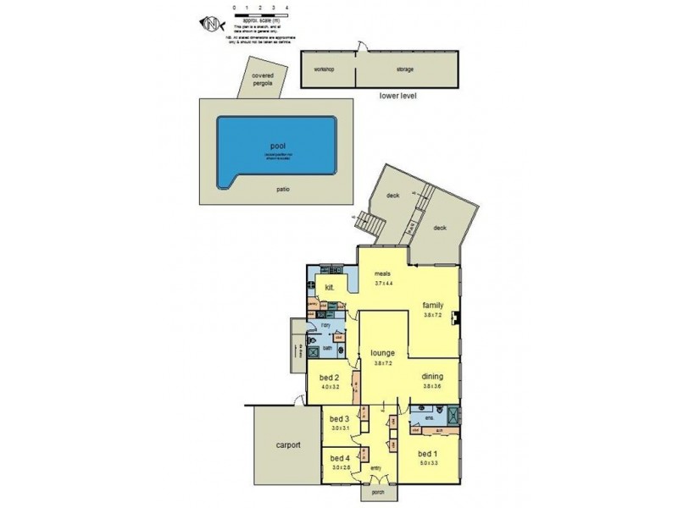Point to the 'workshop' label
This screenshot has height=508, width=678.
point(325,69)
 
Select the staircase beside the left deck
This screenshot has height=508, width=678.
point(371,225)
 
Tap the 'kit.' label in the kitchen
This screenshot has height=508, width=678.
point(330,287)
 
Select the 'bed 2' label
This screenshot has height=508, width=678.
point(331,378)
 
